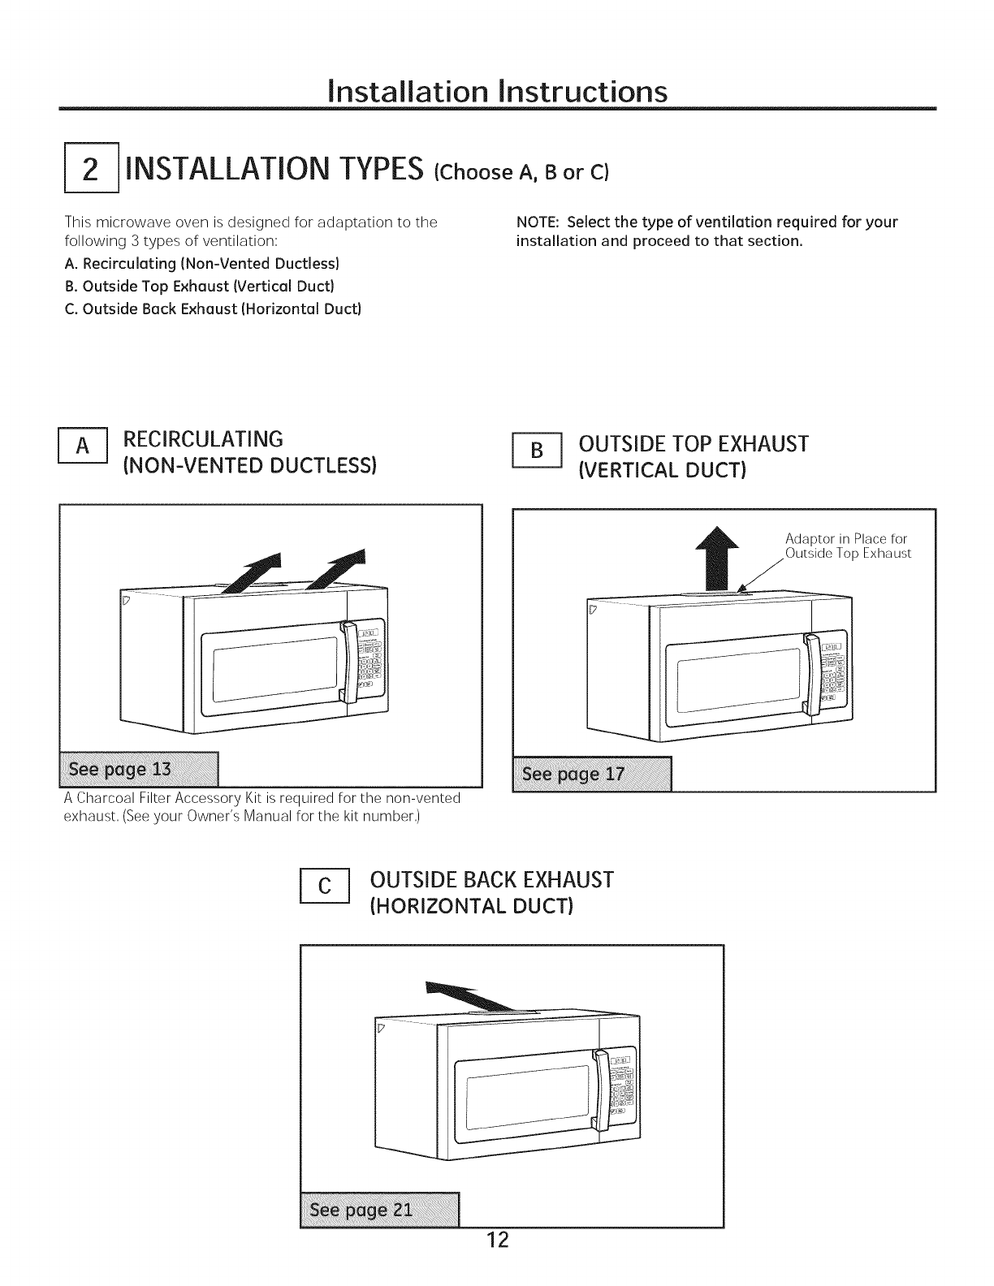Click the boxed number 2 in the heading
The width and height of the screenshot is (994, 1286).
(92, 170)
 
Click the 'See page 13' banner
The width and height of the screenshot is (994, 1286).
(140, 770)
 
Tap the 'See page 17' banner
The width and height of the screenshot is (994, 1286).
(592, 774)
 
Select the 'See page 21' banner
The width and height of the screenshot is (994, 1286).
(379, 1210)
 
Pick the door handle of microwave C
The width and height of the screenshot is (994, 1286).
(601, 1090)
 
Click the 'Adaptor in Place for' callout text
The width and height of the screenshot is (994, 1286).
(845, 539)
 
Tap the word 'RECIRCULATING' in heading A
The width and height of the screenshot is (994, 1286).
(203, 439)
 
